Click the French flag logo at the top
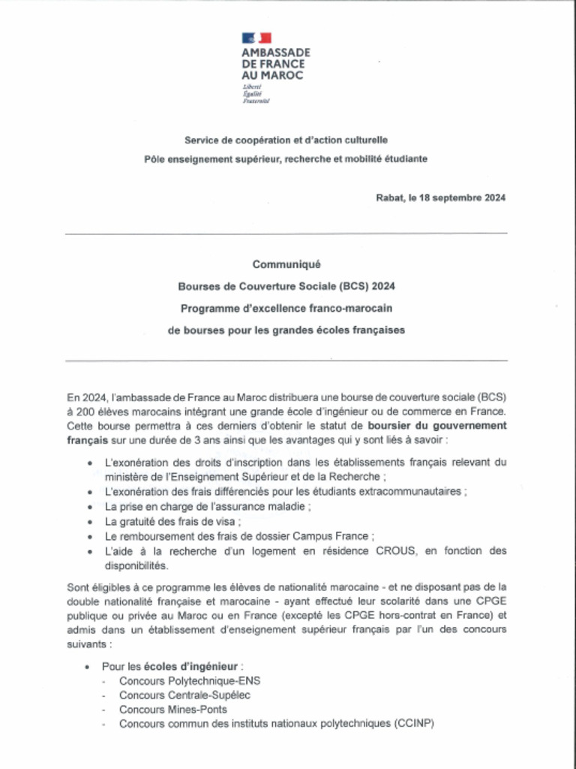click(x=256, y=38)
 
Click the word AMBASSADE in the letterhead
click(x=275, y=53)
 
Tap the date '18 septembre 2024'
click(x=463, y=198)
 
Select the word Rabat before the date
click(x=390, y=198)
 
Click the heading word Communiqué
click(x=286, y=264)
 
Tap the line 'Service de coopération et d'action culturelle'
click(x=286, y=140)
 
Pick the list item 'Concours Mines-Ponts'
click(x=173, y=710)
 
